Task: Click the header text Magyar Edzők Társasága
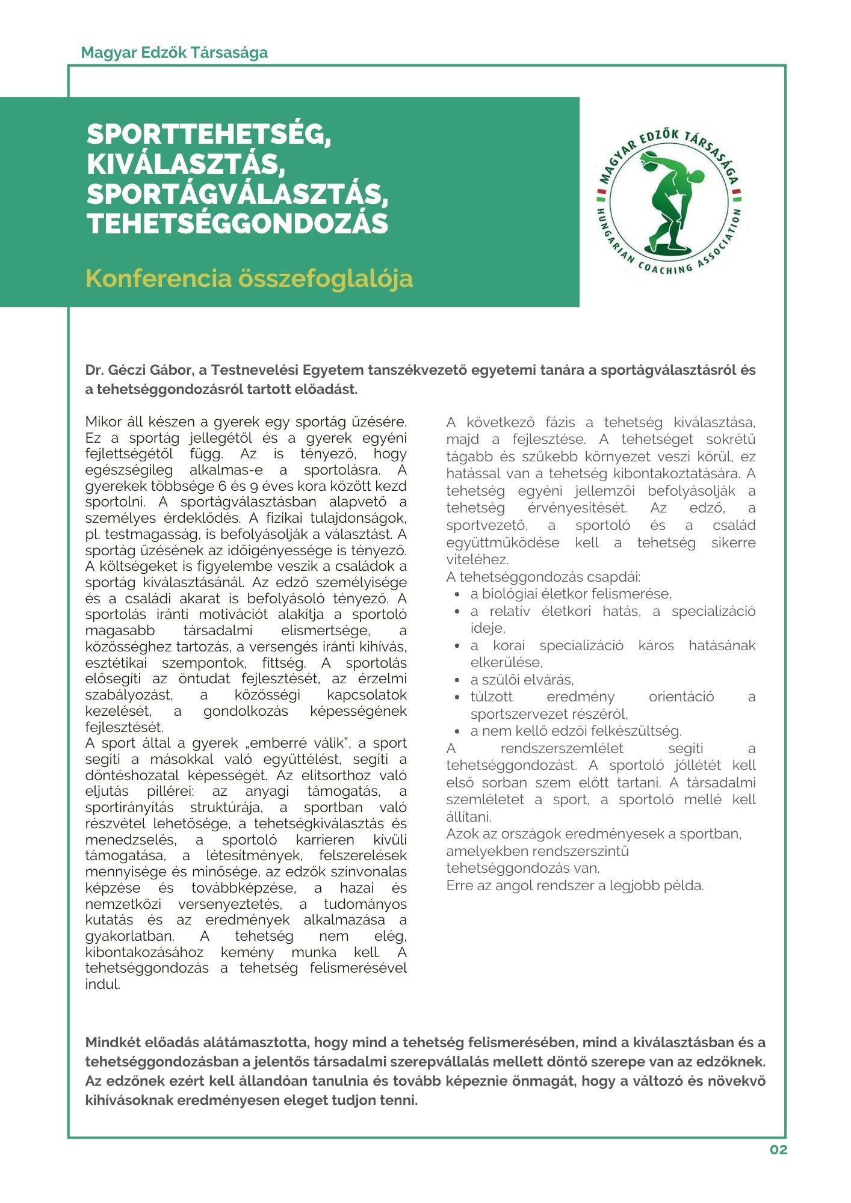click(174, 52)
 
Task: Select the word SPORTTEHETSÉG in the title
click(209, 134)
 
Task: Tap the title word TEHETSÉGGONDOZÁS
click(238, 223)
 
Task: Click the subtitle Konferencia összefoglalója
click(249, 278)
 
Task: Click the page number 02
click(778, 1149)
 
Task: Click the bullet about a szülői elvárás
click(522, 680)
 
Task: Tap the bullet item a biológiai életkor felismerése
click(571, 594)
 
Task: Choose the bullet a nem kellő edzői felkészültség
click(576, 731)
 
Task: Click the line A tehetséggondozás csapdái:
click(543, 577)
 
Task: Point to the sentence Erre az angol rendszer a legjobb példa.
click(575, 885)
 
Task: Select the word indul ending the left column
click(103, 985)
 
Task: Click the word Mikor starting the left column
click(104, 422)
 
